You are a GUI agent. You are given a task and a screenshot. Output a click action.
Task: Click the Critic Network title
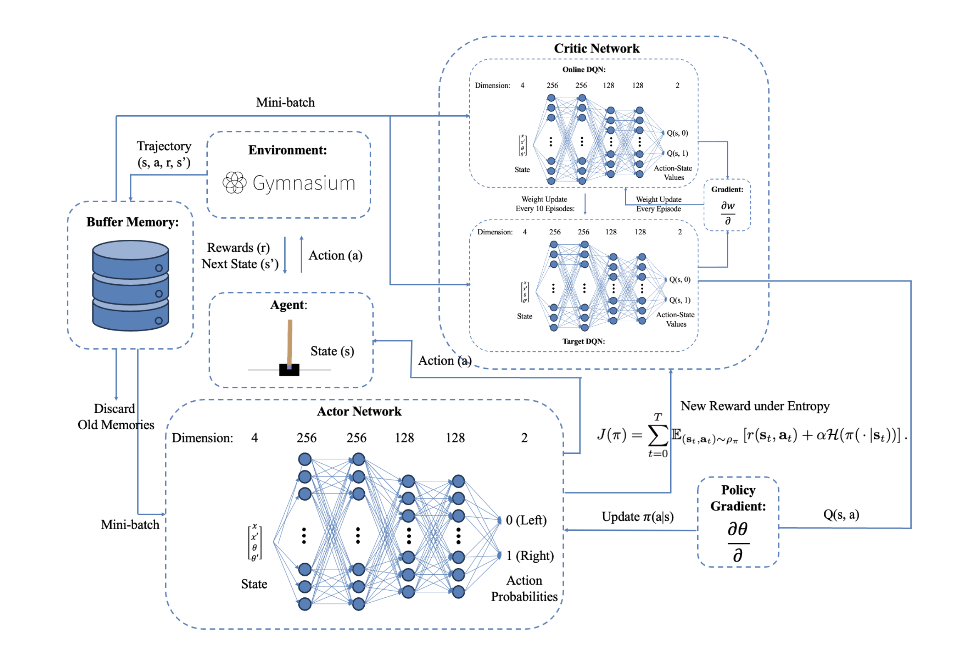click(596, 48)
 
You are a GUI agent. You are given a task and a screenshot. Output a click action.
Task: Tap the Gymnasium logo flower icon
click(234, 183)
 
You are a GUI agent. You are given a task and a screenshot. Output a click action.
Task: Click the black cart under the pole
click(289, 370)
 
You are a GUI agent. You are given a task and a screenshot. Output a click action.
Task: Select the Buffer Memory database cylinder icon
click(130, 285)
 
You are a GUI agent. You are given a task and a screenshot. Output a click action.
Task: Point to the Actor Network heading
click(359, 411)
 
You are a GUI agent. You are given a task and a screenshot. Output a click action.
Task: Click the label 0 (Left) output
click(526, 520)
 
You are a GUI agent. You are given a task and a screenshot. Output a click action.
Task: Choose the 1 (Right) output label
click(530, 556)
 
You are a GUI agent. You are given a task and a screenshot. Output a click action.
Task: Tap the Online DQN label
click(584, 70)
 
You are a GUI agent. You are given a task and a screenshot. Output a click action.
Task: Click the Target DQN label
click(583, 341)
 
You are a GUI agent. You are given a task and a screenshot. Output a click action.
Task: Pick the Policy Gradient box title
click(738, 498)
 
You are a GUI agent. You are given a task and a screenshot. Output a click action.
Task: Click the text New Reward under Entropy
click(754, 406)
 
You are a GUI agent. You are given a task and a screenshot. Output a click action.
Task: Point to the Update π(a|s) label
click(637, 517)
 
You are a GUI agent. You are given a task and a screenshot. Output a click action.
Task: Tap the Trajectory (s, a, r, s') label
click(164, 154)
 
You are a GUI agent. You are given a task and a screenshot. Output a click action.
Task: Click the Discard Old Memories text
click(115, 416)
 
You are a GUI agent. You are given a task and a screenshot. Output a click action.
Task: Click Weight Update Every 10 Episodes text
click(545, 204)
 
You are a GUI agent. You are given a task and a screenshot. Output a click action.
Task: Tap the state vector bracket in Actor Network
click(255, 542)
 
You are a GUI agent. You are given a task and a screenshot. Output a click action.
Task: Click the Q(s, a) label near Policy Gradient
click(841, 514)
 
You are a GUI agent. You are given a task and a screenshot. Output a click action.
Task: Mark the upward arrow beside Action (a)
click(301, 254)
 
